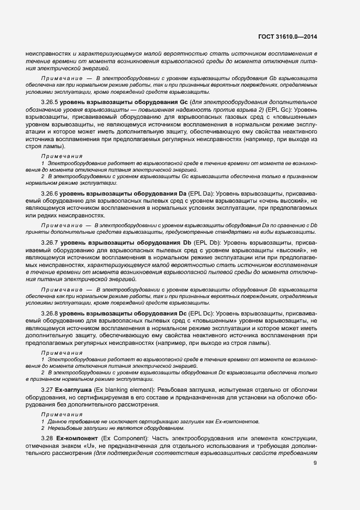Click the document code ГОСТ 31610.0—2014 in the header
pos(288,37)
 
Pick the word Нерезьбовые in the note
pos(64,428)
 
